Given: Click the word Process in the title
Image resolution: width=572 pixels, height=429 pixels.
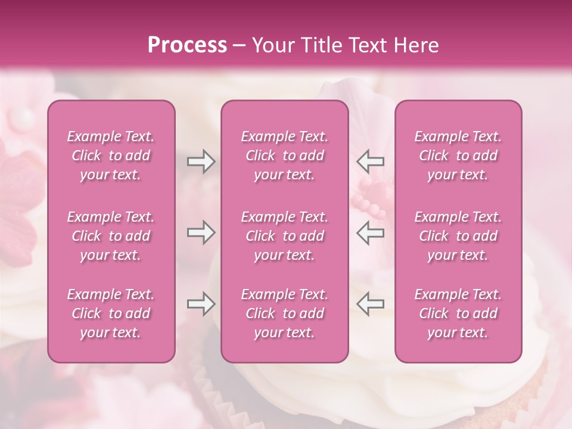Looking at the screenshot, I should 187,45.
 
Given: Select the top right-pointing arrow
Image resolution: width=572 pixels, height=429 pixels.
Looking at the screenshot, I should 201,161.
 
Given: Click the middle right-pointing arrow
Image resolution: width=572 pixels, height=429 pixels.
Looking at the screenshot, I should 201,232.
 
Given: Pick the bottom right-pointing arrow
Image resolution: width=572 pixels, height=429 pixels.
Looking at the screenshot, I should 201,304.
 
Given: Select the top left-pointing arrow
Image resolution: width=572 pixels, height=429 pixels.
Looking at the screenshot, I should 370,161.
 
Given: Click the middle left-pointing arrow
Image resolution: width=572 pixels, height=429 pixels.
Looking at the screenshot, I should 370,232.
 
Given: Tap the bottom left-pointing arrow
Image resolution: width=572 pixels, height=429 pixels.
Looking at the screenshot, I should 370,304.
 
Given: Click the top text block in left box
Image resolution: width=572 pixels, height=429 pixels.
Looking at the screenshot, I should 111,156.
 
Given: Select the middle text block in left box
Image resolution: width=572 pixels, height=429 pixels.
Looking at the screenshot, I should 111,236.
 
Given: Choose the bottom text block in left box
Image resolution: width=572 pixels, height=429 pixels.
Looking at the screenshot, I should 111,313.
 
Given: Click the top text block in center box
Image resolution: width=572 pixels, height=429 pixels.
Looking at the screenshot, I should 284,156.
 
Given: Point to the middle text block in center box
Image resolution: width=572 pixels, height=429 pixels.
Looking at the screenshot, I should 284,236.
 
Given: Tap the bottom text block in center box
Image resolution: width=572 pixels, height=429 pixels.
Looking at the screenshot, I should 284,313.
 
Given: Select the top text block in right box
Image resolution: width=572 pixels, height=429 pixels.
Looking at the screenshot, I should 458,156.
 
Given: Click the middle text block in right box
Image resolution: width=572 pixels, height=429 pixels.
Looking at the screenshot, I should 458,236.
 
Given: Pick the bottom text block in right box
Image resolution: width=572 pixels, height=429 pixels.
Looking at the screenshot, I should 458,313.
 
